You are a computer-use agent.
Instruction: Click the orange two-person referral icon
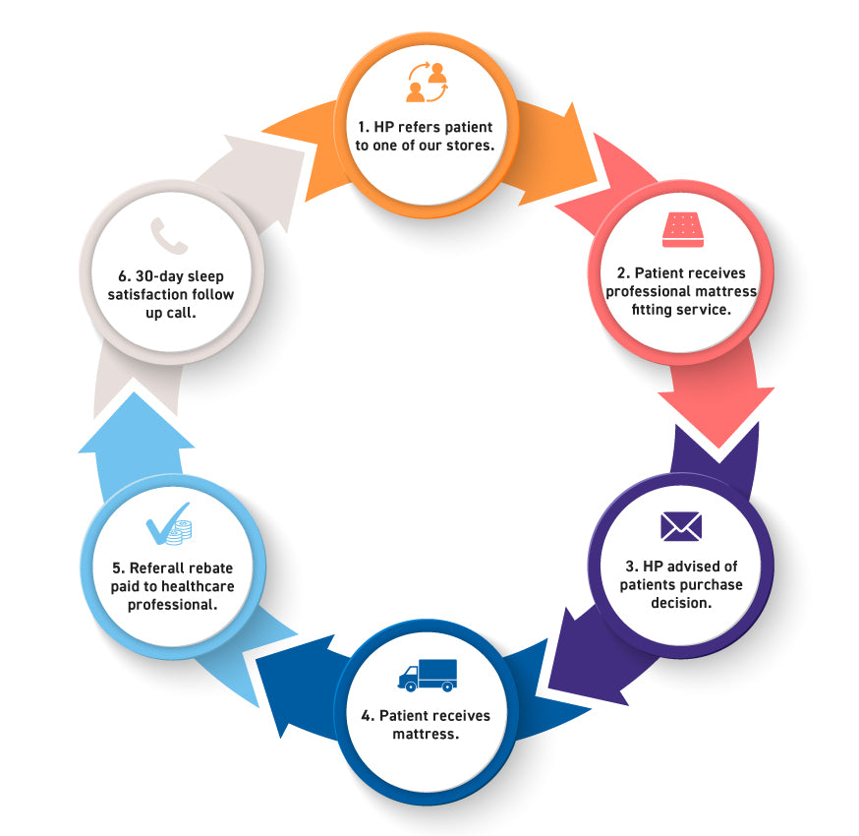(427, 82)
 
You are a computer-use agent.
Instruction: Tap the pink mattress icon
(681, 230)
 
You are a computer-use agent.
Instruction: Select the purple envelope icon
(681, 527)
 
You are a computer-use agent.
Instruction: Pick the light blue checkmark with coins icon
(168, 530)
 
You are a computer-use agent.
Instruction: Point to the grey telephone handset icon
(168, 236)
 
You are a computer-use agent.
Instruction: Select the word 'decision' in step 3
(681, 603)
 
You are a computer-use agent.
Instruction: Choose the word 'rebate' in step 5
(209, 567)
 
